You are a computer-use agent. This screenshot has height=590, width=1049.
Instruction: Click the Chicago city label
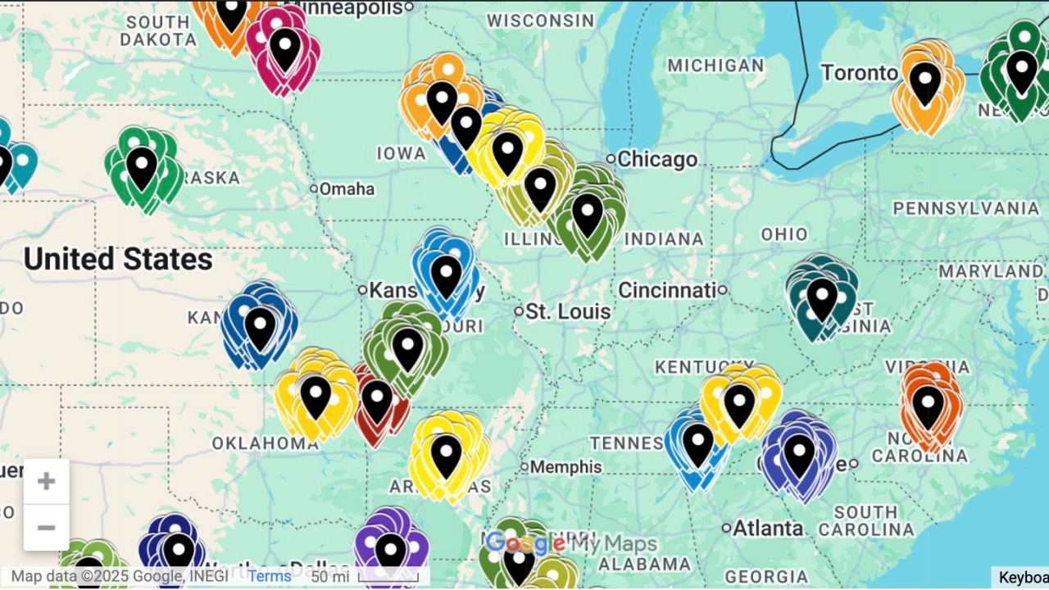coord(656,159)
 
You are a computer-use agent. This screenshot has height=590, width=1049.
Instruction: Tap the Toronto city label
coord(859,73)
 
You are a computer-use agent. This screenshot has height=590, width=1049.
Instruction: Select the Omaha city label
coord(346,189)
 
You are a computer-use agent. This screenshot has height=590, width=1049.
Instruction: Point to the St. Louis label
coord(568,311)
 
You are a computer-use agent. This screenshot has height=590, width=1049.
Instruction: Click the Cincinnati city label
coord(667,290)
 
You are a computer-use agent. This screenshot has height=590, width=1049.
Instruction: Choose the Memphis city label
coord(565,467)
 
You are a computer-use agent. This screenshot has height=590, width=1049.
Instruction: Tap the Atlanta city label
coord(768,529)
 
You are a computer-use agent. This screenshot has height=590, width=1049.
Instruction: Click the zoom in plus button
coord(46,481)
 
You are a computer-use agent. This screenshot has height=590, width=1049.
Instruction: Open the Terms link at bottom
coord(270,576)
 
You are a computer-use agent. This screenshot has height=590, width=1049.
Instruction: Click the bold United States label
coord(118,260)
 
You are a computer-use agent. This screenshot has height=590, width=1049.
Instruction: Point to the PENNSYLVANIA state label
coord(965,208)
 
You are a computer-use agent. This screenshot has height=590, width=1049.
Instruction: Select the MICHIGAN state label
coord(715,66)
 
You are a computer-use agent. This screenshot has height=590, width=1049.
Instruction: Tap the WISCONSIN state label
coord(540,20)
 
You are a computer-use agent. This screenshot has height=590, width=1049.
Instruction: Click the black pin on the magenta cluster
coord(285,48)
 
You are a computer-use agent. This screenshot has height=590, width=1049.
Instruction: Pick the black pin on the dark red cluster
coord(377,401)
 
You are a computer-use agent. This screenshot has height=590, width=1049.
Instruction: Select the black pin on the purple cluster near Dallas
coord(391,551)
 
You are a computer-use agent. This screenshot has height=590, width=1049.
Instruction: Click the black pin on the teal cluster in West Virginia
coord(821,297)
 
